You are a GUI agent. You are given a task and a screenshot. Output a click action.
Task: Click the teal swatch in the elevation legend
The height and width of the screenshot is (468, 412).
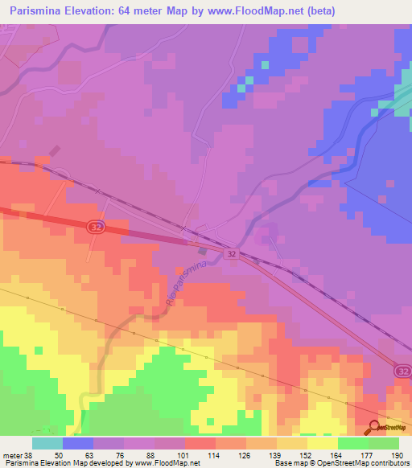47,443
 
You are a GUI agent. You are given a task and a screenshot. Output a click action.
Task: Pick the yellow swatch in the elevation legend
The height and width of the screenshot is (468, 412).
322,443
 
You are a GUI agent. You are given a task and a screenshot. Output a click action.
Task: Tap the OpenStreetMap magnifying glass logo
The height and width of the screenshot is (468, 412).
375,428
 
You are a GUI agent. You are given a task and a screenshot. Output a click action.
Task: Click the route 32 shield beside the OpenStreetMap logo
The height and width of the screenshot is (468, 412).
403,372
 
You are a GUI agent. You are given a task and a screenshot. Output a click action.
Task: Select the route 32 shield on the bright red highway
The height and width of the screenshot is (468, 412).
95,228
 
